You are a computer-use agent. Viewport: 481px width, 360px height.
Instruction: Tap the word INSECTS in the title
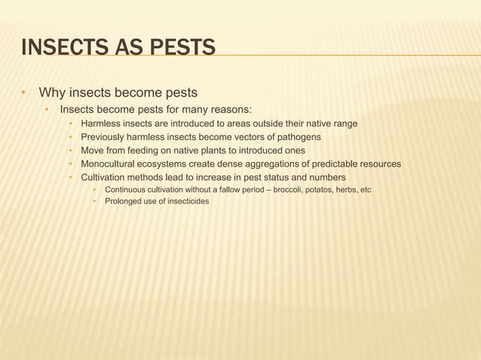[x=60, y=50]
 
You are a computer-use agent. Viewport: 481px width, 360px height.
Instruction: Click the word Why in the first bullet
[x=52, y=93]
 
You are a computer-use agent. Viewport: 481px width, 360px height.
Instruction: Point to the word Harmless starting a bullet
[x=101, y=124]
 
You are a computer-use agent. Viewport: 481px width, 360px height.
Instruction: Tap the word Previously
[x=104, y=137]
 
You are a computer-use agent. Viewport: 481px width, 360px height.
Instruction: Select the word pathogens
[x=297, y=137]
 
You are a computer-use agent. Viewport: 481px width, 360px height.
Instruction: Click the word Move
[x=93, y=151]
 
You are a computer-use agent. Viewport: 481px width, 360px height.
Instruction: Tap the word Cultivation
[x=104, y=178]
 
